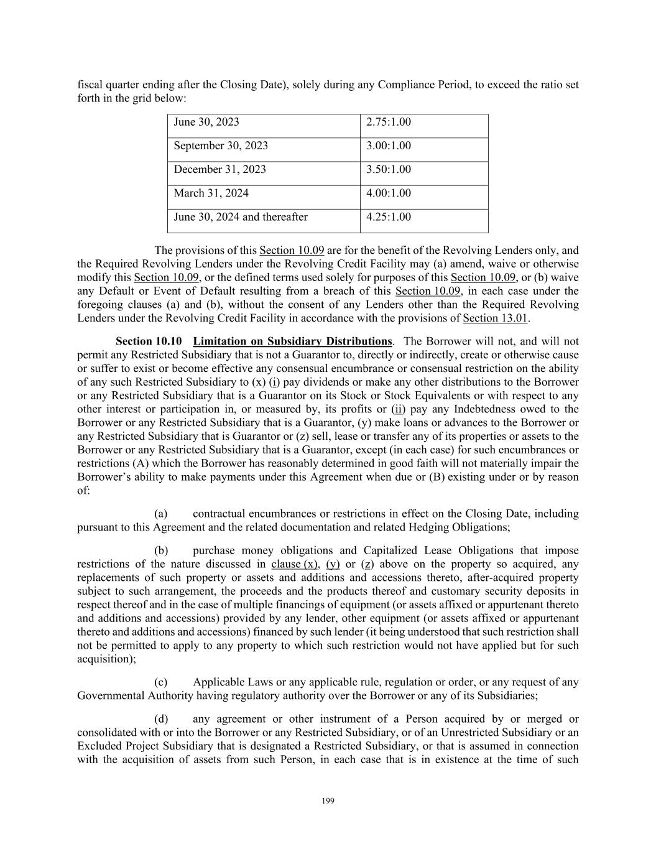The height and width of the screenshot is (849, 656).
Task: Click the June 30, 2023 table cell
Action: coord(206,123)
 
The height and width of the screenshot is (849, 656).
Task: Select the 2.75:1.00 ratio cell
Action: coord(389,123)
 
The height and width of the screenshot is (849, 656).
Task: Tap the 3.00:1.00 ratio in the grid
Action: coord(389,146)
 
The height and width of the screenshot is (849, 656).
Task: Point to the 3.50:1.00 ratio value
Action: coord(389,170)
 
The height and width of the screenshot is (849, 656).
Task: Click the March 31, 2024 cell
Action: coord(211,193)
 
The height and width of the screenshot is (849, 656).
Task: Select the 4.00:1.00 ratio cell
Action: coord(389,193)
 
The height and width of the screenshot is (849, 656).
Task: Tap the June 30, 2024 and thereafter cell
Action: coord(241,217)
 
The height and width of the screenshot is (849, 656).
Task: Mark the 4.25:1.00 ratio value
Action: coord(389,217)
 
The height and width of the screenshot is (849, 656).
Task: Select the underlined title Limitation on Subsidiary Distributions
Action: coord(292,341)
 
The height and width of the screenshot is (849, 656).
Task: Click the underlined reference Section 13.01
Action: coord(495,318)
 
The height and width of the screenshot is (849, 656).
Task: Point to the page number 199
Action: coord(328,801)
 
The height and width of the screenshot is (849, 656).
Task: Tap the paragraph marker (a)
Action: coord(161,514)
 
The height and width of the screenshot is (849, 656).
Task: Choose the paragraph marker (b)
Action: coord(161,550)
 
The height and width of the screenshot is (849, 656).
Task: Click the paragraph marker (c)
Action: coord(161,682)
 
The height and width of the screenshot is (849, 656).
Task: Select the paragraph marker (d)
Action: coord(161,719)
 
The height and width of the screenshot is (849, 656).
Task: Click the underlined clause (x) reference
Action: coord(295,564)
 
